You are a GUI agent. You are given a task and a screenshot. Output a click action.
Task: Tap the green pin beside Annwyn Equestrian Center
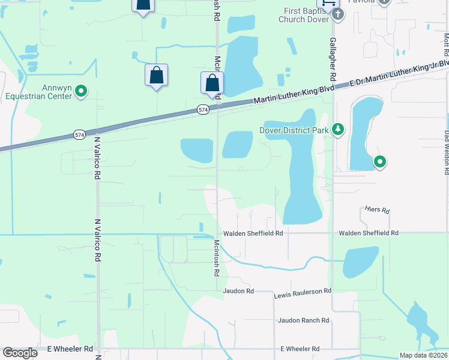coord(80,91)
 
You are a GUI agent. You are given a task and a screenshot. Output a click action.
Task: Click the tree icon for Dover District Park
coord(339,129)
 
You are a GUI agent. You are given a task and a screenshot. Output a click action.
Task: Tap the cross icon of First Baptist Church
coord(337,15)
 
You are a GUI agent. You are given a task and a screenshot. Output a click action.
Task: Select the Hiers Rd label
coord(377,211)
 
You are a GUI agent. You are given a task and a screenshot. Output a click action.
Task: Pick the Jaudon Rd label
coord(238,291)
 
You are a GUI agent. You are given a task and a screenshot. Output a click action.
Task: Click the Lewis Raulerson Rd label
coord(303,293)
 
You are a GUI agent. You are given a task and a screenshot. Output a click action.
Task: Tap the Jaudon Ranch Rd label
coord(303,321)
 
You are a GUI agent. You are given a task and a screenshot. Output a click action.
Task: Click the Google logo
coord(20,353)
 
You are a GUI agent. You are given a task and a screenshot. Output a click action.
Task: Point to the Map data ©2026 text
coord(423,355)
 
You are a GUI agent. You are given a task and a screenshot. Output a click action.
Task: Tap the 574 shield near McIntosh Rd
coord(203,109)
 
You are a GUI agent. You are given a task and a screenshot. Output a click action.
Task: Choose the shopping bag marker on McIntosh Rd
coord(212,83)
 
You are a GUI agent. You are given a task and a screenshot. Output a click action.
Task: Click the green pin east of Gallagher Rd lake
coord(379,161)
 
